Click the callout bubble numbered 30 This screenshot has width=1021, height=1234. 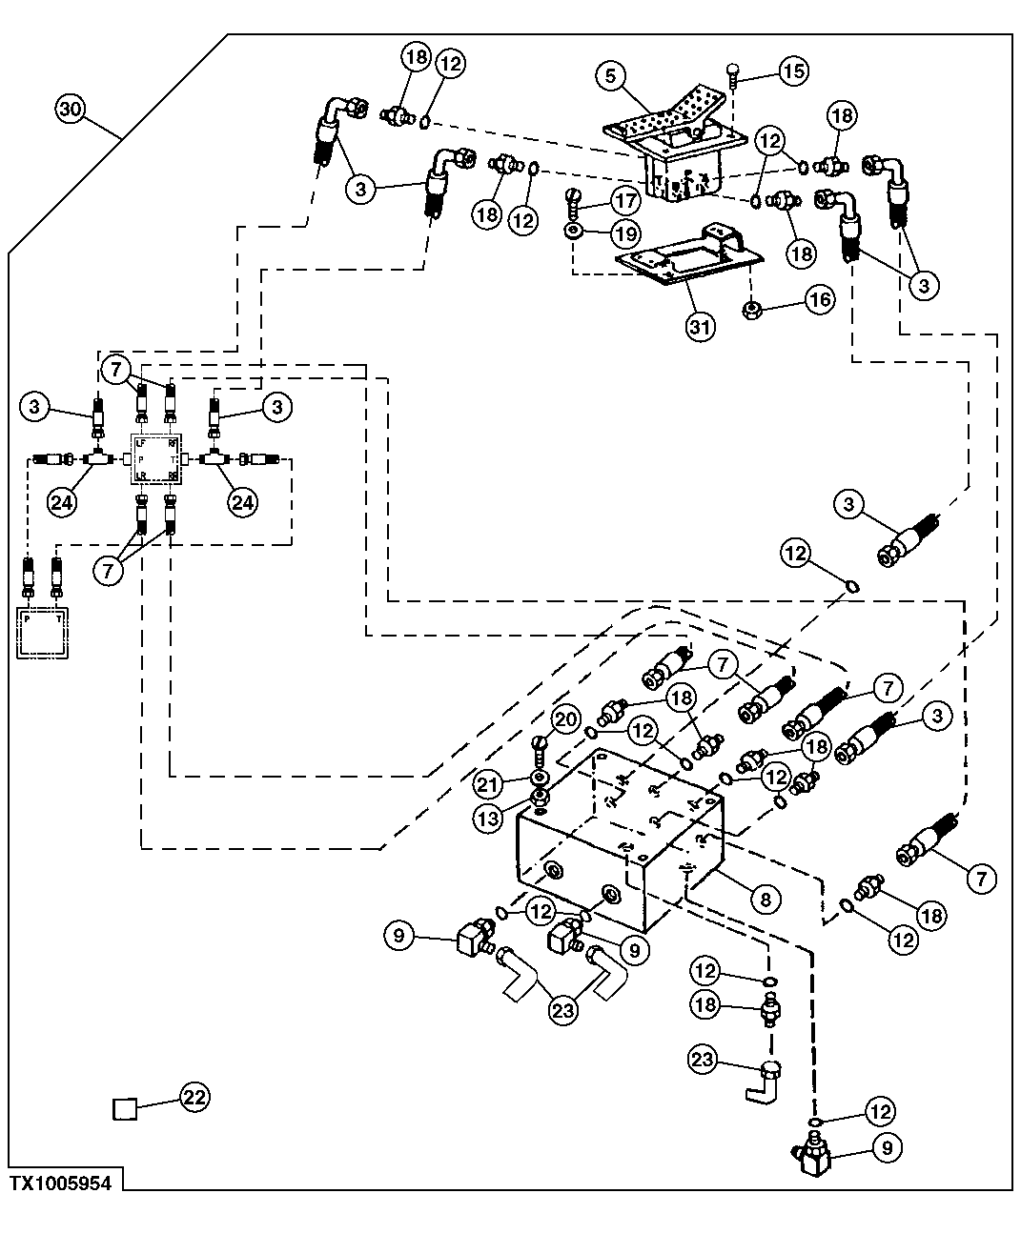tap(71, 109)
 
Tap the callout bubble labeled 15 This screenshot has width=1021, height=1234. tap(793, 70)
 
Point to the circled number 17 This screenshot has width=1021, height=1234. tap(626, 203)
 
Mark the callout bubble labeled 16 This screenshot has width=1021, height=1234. tap(819, 300)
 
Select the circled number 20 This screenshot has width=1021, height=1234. tap(564, 720)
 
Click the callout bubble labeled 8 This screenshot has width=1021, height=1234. tap(765, 897)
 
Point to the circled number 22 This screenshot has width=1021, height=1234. tap(194, 1097)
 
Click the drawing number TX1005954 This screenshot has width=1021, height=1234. tap(61, 1183)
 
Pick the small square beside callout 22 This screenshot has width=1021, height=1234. tap(125, 1108)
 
